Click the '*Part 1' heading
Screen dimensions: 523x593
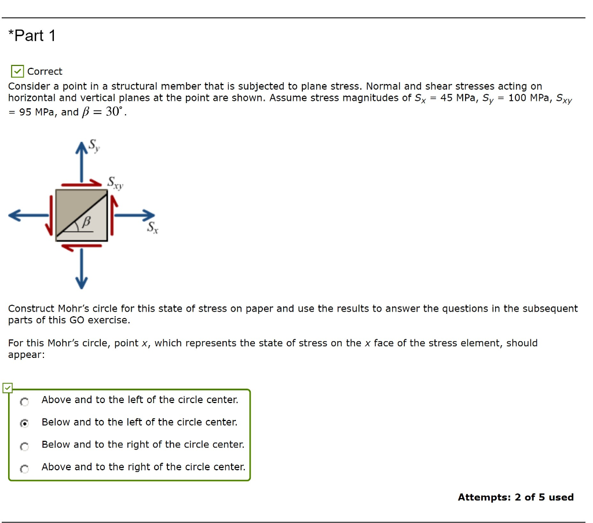click(32, 36)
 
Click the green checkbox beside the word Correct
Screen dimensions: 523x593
click(17, 72)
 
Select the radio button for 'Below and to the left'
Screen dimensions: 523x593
click(24, 423)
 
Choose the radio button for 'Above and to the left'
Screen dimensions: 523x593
click(24, 401)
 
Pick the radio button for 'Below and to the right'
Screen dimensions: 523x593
click(24, 446)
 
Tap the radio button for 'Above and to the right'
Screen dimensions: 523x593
click(24, 469)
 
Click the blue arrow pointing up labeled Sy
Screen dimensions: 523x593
click(82, 163)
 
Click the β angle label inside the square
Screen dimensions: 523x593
click(87, 222)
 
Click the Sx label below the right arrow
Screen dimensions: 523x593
click(152, 228)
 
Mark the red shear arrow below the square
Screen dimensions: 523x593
click(81, 246)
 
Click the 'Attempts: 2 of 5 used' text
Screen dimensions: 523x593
click(515, 497)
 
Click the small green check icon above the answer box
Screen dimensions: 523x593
click(8, 388)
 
